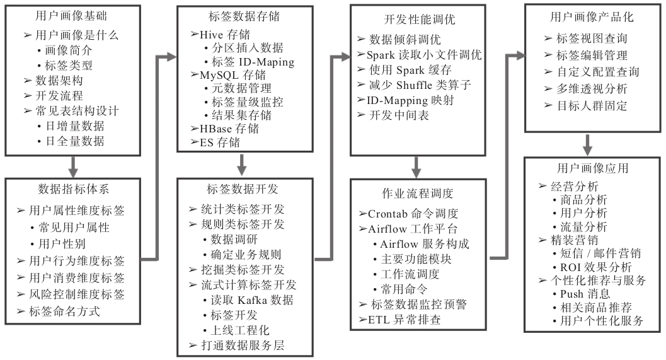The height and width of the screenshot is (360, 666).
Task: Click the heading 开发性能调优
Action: pos(416,19)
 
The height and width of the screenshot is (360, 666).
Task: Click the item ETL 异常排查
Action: pos(403,320)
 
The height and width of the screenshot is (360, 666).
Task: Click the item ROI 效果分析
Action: pos(596,267)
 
